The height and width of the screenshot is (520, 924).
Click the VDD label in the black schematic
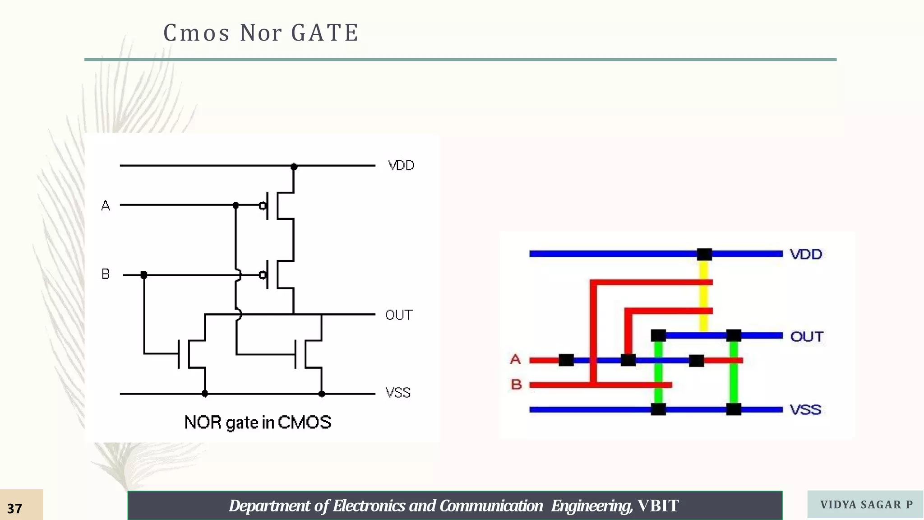pos(401,166)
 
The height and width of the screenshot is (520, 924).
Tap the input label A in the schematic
pos(106,206)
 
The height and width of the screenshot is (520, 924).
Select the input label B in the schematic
pos(106,274)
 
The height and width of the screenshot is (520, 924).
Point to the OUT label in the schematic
pos(399,315)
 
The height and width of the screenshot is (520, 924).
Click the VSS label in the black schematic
pos(398,393)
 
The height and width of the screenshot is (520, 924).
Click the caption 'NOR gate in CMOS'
pos(258,423)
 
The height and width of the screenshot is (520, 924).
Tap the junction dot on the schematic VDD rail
pos(294,167)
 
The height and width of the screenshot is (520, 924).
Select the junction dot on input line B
pos(144,275)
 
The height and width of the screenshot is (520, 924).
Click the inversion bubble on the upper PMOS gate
pos(263,206)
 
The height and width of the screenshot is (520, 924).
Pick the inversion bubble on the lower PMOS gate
pos(263,275)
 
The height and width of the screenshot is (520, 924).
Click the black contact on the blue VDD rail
pos(704,254)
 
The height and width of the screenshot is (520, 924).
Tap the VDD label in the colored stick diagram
pos(806,254)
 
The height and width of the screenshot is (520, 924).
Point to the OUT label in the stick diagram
pos(807,337)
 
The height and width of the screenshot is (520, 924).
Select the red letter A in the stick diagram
pos(515,360)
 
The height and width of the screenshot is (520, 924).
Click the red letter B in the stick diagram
pos(516,385)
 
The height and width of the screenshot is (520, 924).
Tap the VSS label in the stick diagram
pos(805,410)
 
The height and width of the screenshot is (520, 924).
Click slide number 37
pos(15,509)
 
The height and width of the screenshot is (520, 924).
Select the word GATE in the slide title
pos(325,33)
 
